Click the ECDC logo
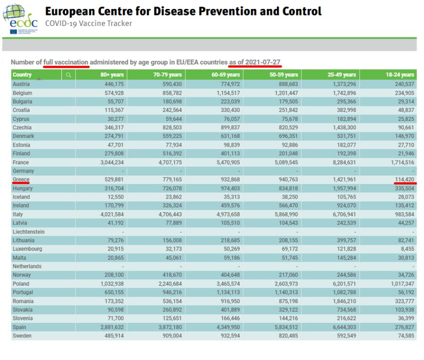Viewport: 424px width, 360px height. pos(20,19)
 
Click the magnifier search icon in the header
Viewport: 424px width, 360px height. pos(68,75)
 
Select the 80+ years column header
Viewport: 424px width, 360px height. pos(112,75)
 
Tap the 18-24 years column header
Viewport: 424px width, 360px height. pos(400,75)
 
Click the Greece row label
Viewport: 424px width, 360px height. pos(21,180)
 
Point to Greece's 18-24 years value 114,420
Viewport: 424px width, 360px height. pos(405,180)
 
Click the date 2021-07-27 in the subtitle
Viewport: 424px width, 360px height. pos(263,62)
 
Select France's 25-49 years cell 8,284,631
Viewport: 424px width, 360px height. pos(344,162)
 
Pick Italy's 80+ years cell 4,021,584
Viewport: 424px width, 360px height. pos(112,215)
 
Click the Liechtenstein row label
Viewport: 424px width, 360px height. pos(29,232)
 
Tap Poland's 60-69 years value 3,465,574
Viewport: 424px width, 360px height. pos(228,284)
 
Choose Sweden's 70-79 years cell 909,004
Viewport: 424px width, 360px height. pos(172,336)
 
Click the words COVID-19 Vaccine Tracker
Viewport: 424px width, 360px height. pos(89,24)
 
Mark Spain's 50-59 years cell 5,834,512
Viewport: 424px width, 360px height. pos(286,327)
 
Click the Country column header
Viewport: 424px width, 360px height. pos(22,75)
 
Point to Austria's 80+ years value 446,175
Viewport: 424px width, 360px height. pos(114,84)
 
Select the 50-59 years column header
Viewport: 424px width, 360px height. pos(284,75)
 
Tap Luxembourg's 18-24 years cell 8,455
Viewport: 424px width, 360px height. pos(407,249)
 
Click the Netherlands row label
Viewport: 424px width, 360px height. pos(27,266)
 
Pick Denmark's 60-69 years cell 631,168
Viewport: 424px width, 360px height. pos(230,136)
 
